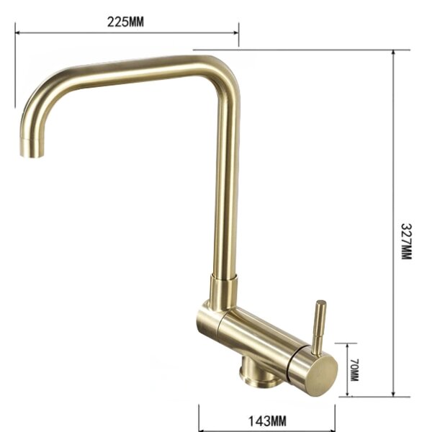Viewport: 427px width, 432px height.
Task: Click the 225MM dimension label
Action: click(125, 22)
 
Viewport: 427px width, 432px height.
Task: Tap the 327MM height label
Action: click(406, 241)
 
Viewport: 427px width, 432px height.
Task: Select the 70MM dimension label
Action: click(354, 370)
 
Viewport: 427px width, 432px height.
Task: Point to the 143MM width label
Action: click(267, 421)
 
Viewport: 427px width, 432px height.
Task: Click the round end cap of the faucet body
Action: click(323, 375)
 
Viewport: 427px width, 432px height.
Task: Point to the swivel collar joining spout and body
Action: click(223, 291)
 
